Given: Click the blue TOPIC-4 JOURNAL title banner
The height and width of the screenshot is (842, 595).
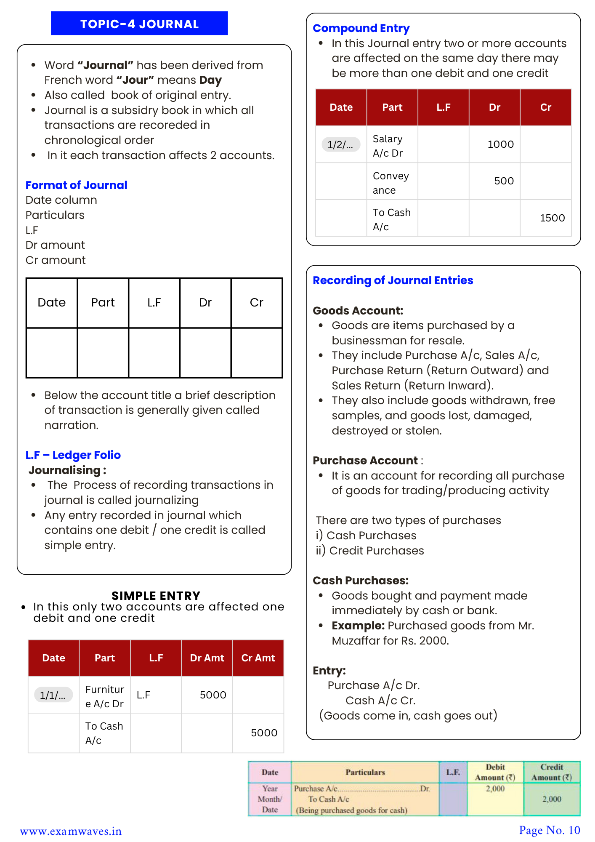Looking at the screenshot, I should point(139,24).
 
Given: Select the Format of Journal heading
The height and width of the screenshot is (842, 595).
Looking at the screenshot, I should point(76,185).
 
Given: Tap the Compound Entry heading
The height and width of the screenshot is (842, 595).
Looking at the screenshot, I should point(361,28).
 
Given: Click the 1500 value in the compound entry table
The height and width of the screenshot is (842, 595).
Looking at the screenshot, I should point(552,218).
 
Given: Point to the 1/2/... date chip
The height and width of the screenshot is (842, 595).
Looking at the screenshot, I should point(341,144).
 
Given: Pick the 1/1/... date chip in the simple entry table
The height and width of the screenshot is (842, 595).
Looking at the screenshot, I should point(53,695).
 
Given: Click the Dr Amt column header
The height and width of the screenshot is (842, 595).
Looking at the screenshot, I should point(207,658).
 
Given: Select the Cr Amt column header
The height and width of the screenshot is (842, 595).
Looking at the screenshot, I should point(258,658).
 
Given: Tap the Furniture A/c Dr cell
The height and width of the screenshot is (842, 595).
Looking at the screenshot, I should point(104,696).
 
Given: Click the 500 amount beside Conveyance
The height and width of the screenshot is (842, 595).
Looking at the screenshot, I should point(504,181).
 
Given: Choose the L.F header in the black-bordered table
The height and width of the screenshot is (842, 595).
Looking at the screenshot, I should point(154,303).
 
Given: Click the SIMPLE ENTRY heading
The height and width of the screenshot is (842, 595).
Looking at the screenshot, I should point(156,596).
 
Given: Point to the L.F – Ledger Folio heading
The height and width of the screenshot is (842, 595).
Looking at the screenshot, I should point(73,455).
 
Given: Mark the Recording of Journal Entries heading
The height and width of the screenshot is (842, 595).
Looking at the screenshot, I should point(393,280).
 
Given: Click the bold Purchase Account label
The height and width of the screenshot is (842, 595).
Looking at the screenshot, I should point(365,461).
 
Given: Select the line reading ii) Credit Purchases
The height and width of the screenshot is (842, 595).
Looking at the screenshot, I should point(370,551).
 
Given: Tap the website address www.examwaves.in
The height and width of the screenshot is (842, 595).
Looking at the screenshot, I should point(71,831).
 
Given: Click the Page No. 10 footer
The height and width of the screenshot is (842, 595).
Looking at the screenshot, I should point(549,830).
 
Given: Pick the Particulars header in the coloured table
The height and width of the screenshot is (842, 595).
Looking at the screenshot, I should point(365,772).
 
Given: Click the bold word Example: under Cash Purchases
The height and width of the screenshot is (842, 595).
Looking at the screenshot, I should point(358,626).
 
